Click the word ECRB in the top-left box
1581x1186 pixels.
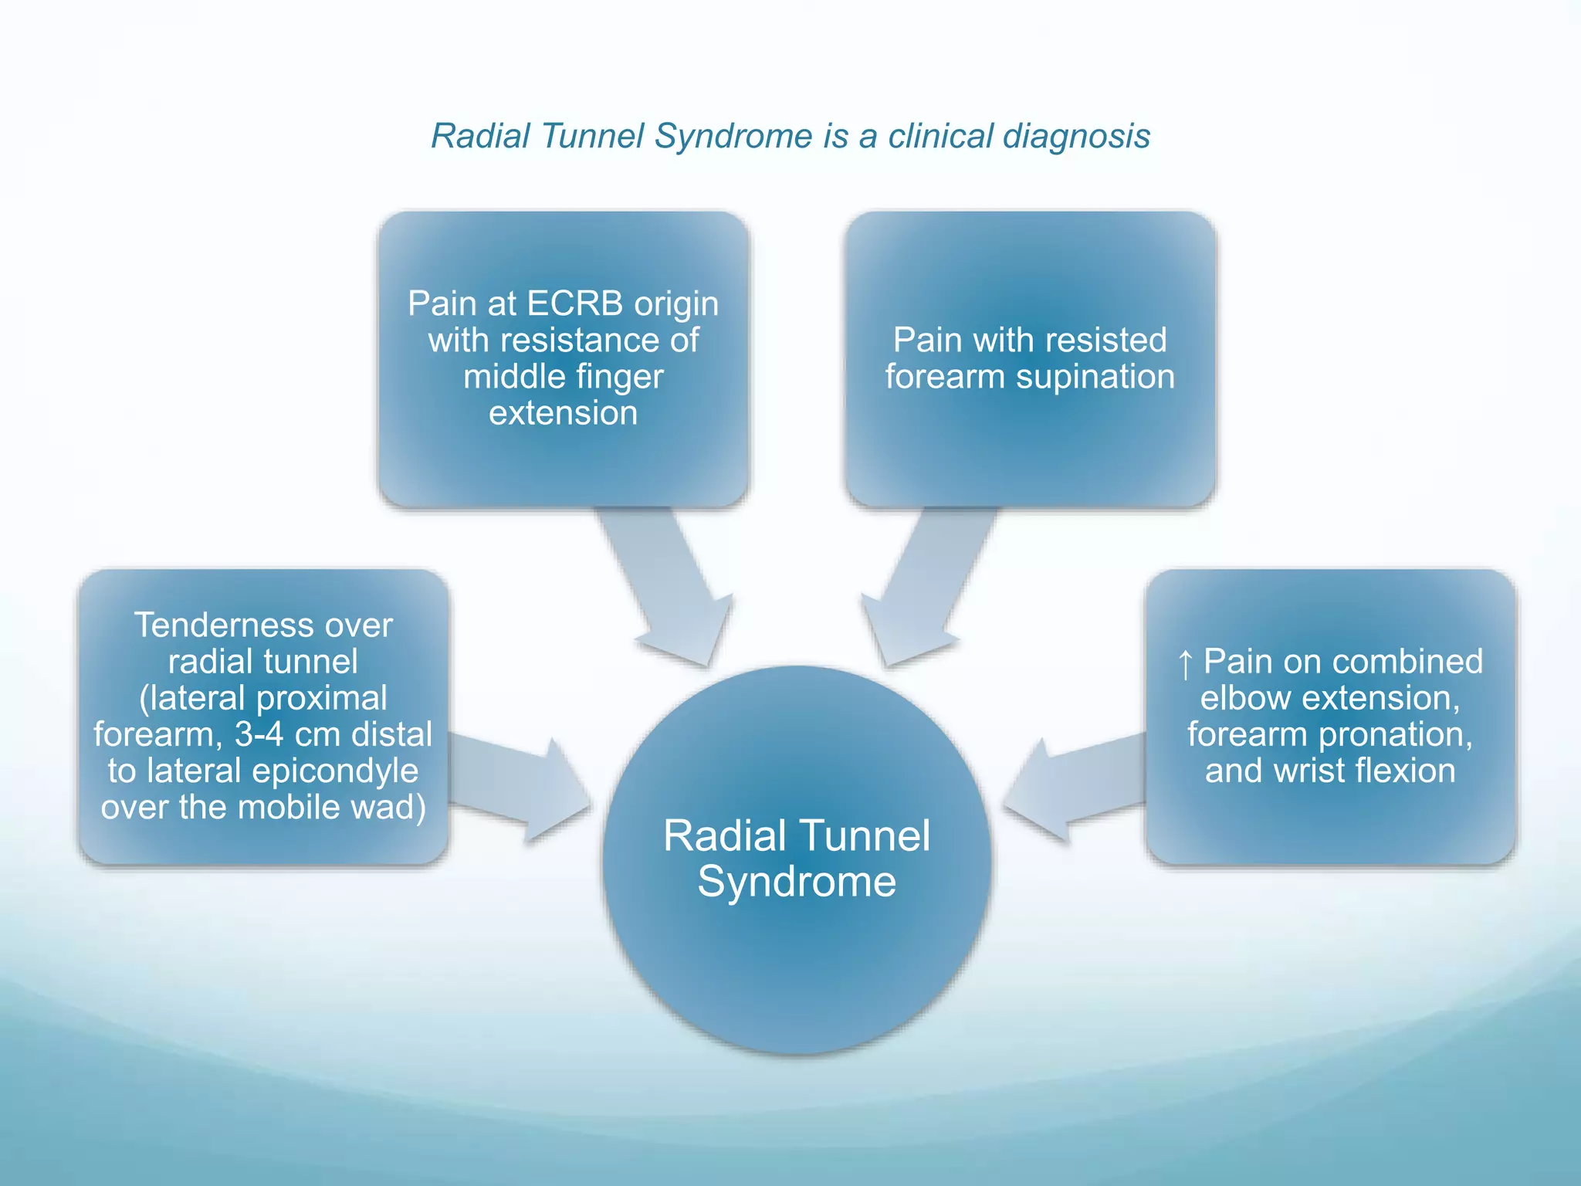coord(574,303)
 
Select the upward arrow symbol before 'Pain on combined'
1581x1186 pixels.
coord(1186,664)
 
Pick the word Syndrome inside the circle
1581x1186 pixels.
coord(797,881)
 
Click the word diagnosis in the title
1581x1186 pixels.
coord(1077,137)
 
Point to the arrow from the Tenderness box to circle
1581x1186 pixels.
coord(517,788)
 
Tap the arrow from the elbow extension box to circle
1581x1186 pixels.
coord(1077,788)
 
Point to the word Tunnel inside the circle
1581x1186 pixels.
coord(865,836)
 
